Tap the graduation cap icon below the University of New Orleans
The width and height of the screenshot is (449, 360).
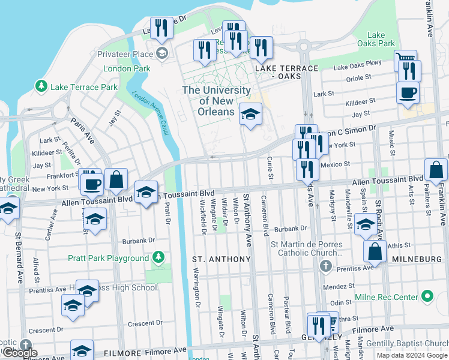(250, 114)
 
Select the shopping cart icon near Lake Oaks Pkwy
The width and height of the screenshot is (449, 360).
(406, 61)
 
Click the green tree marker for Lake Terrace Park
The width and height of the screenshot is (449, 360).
(41, 87)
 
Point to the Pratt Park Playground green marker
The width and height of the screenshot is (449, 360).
(158, 258)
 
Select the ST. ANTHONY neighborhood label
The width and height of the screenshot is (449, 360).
(221, 259)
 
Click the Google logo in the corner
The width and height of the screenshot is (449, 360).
(20, 353)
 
